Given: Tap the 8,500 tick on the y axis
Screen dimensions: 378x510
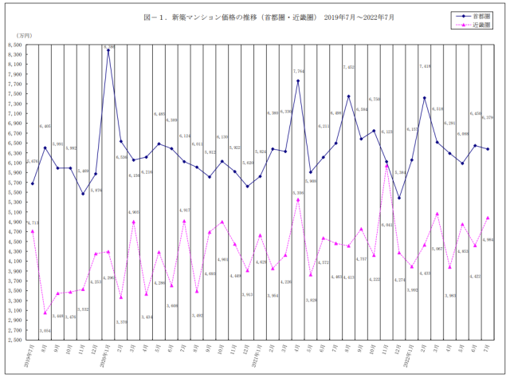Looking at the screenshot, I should (15, 45).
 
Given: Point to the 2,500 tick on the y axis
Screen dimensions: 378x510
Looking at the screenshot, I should (15, 339).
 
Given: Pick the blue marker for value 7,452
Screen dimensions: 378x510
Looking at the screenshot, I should (348, 96).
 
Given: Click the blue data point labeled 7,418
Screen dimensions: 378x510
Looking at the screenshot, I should (425, 98).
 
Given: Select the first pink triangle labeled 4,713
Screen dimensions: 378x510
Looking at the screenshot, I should (32, 230).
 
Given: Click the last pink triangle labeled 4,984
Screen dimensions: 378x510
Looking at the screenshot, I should (488, 218).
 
